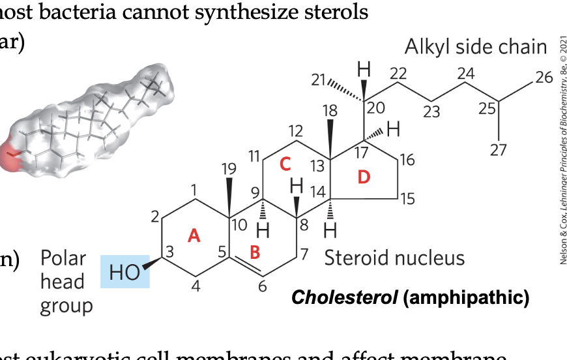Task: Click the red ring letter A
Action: pyautogui.click(x=193, y=235)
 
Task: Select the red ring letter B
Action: pyautogui.click(x=255, y=250)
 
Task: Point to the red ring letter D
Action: pyautogui.click(x=364, y=176)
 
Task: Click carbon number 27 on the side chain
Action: pyautogui.click(x=498, y=150)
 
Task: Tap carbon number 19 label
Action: pyautogui.click(x=227, y=169)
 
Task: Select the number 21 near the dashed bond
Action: pyautogui.click(x=318, y=80)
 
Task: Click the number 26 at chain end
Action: pyautogui.click(x=544, y=78)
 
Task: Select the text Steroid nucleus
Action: pyautogui.click(x=394, y=258)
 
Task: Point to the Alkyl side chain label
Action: pyautogui.click(x=476, y=47)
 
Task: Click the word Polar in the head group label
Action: pyautogui.click(x=63, y=258)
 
